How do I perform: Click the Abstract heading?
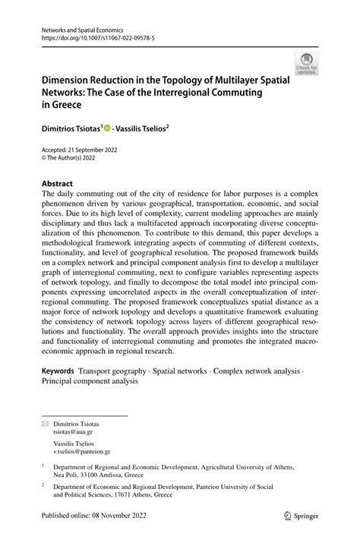pos(57,184)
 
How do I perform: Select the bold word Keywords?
pos(58,371)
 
